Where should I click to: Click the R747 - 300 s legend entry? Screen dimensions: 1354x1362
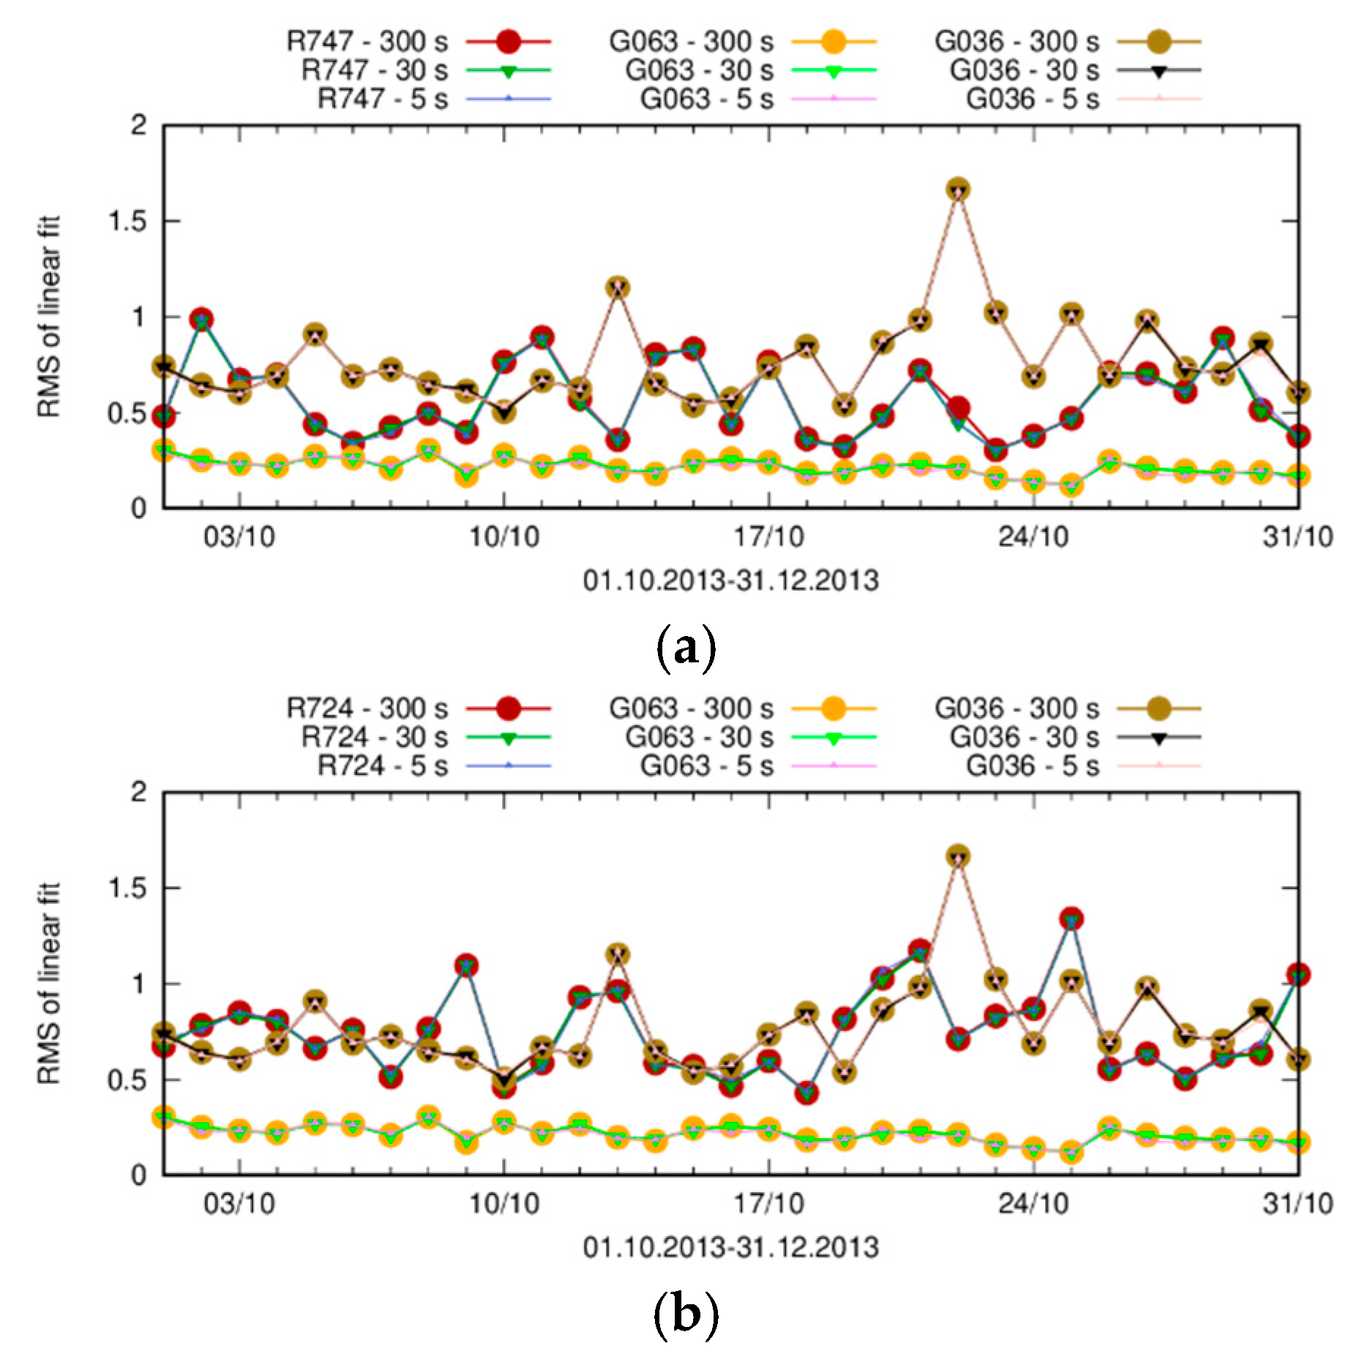(418, 42)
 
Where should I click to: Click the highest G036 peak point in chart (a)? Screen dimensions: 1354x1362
(958, 190)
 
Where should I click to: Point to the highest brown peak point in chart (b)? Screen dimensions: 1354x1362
(958, 856)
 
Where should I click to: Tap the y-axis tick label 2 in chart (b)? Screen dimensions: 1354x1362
(138, 792)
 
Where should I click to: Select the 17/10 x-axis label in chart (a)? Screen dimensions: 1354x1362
(768, 536)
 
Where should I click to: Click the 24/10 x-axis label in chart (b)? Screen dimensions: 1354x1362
(1033, 1203)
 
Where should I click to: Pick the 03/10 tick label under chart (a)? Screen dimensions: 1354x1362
(239, 536)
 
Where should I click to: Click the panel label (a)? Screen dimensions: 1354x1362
(685, 647)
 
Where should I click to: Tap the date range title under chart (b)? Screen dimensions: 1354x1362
(730, 1247)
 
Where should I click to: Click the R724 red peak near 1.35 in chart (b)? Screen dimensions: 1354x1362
(1071, 919)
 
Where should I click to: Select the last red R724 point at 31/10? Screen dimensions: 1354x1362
(1298, 975)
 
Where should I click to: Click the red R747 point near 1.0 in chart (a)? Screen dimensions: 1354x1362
(202, 320)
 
